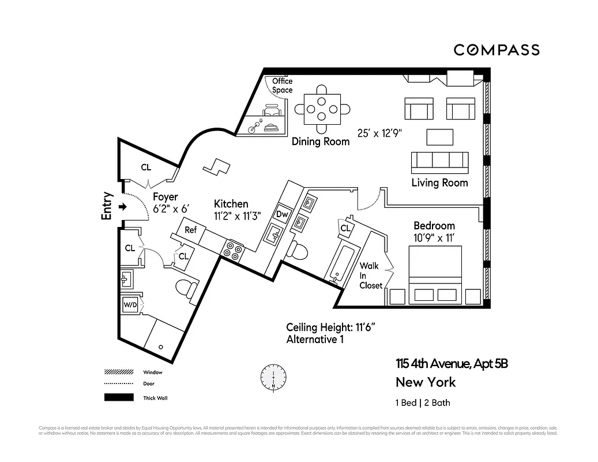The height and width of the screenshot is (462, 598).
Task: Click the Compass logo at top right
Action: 496,50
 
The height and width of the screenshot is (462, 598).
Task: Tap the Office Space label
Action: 283,85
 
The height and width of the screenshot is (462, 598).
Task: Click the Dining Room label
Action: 321,141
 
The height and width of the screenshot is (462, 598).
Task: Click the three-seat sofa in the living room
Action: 439,162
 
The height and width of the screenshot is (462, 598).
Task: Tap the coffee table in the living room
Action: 441,137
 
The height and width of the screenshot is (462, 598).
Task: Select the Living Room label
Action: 439,183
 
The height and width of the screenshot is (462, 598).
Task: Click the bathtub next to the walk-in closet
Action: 342,263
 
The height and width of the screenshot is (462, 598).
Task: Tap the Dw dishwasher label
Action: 282,214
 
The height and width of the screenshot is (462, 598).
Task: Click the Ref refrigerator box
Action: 191,230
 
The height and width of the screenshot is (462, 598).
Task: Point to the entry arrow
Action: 122,206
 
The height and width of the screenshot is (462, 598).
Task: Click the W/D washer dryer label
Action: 129,305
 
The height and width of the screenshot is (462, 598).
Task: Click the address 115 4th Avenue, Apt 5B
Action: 452,364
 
